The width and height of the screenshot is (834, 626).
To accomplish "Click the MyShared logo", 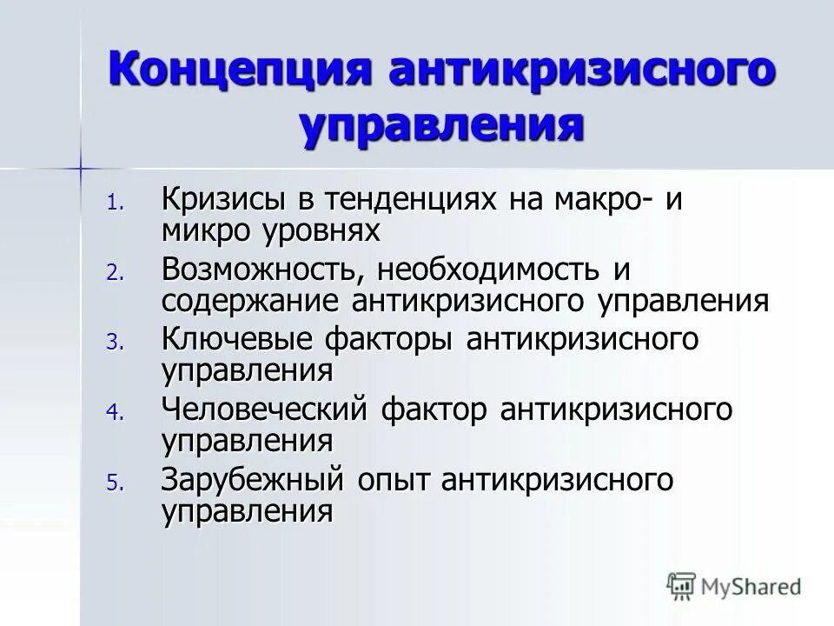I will click(x=734, y=586).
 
